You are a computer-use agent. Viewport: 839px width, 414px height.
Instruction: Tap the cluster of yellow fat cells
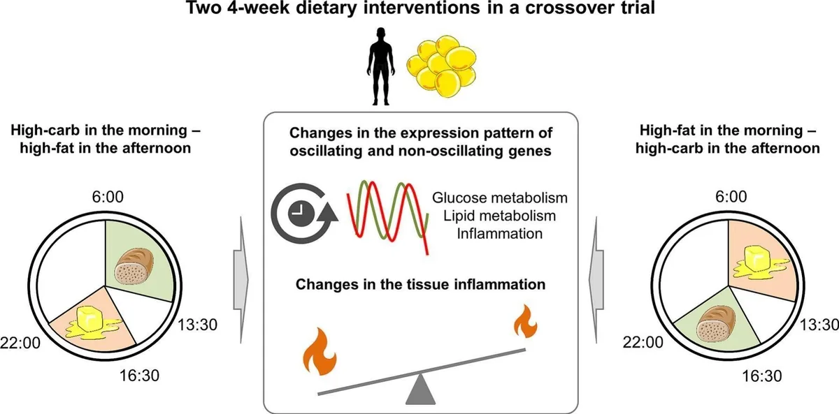[x=441, y=70]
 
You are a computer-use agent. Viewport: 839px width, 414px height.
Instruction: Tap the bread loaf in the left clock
[x=136, y=269]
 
